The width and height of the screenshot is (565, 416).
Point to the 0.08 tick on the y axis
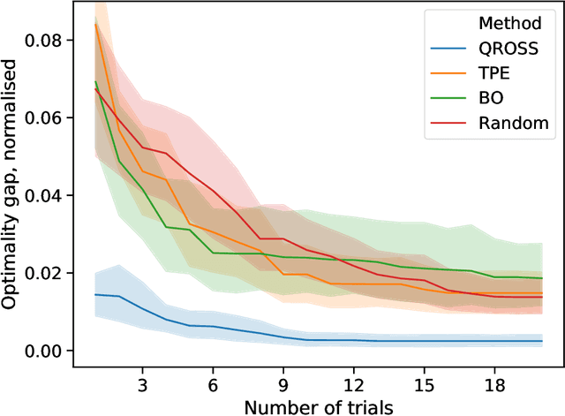[x=44, y=40]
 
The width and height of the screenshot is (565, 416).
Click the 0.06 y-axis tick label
[x=44, y=117]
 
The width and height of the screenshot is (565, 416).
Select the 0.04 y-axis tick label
[x=44, y=195]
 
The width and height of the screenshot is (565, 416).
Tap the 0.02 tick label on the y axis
[x=44, y=273]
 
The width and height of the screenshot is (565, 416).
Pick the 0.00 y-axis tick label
[x=44, y=351]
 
